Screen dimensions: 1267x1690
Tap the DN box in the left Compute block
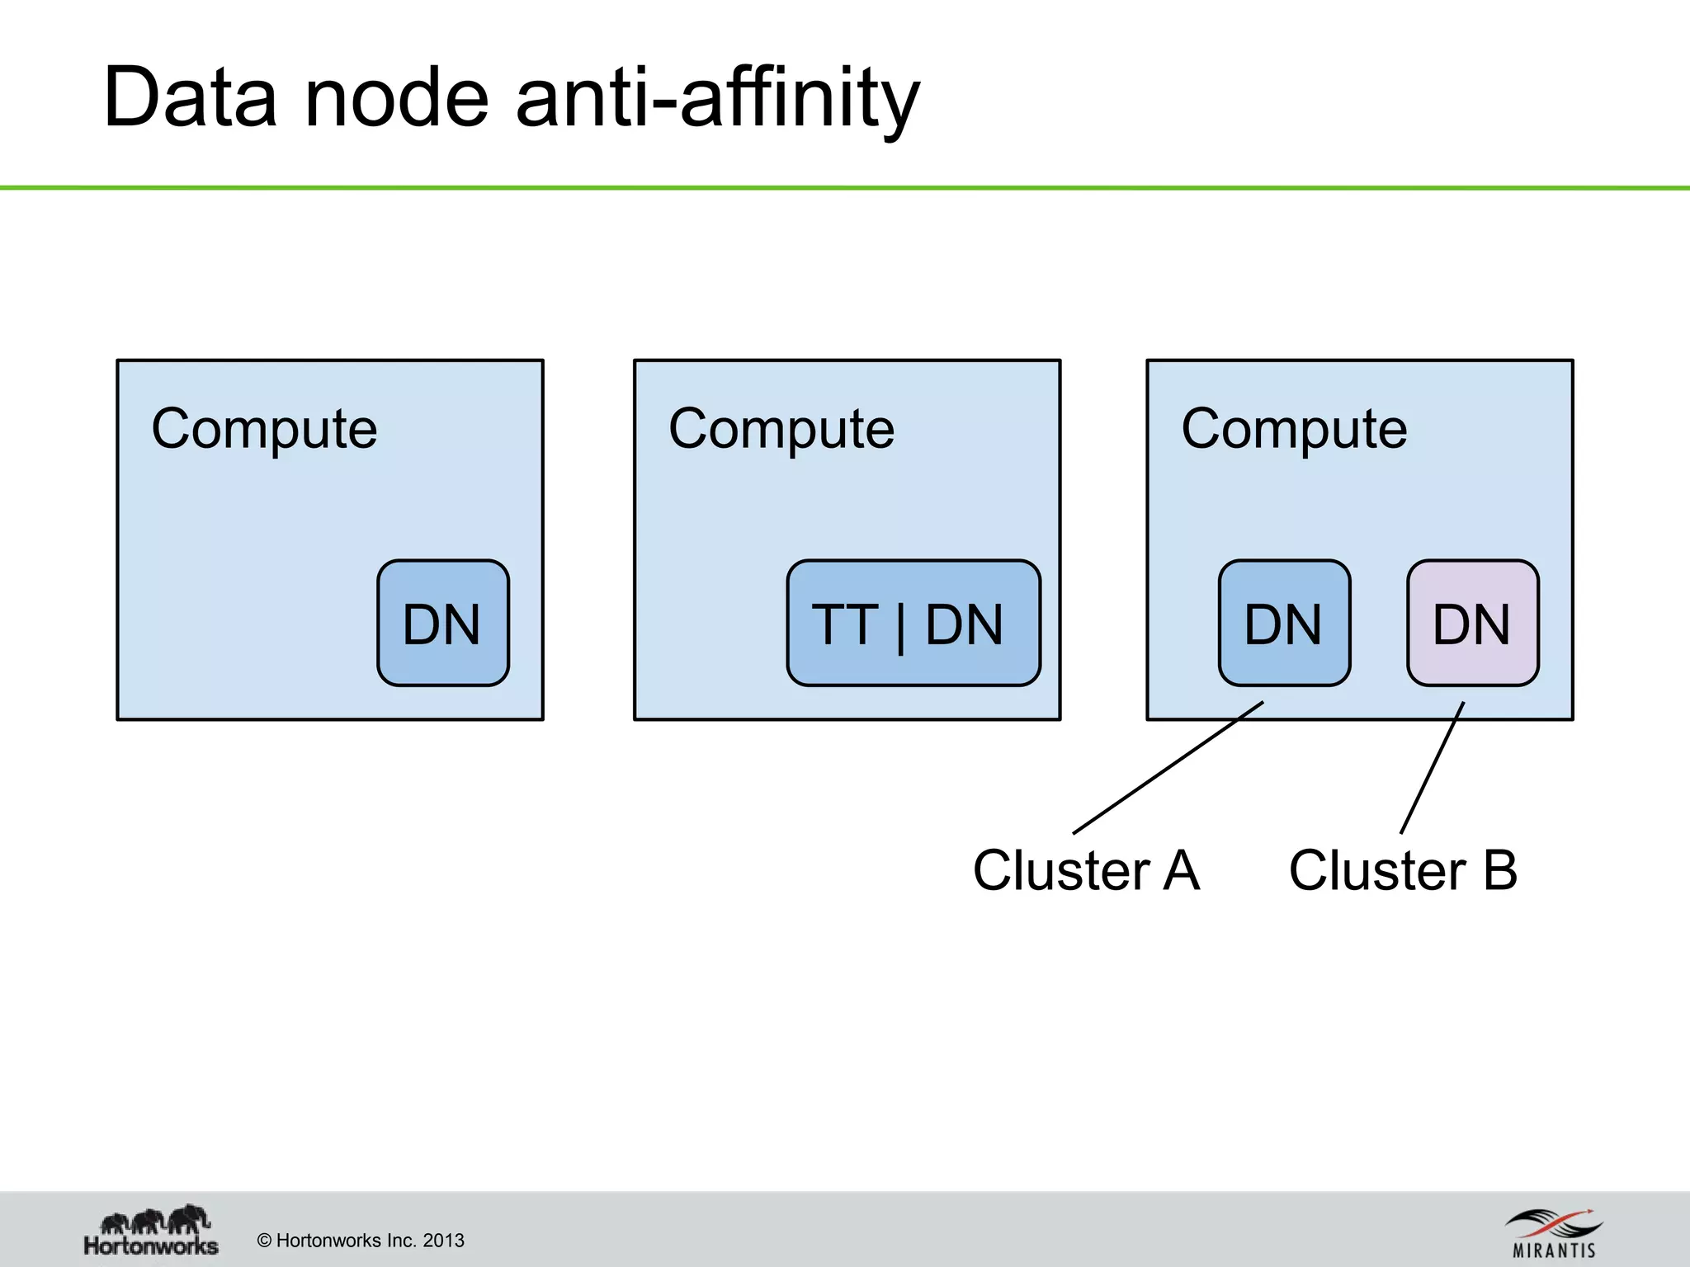443,623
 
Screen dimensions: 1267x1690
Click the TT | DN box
913,623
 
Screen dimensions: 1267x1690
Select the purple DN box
1472,623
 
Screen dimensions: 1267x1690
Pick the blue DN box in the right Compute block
1284,623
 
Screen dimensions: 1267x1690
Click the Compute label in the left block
264,429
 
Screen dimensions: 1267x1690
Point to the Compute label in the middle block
781,429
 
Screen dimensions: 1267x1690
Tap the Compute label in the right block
1294,429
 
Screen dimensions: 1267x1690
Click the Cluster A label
1086,870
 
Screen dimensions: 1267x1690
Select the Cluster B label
1403,870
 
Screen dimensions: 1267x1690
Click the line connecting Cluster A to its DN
1168,767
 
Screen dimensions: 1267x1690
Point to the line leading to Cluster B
1432,768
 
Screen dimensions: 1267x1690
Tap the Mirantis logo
1554,1234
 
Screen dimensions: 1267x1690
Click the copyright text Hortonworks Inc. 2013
361,1241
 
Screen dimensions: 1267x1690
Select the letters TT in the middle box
844,624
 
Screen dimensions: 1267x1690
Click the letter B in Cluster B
1499,870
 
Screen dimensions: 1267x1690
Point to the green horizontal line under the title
845,188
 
